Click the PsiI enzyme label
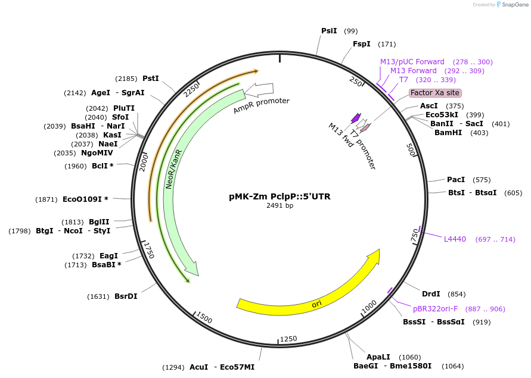pyautogui.click(x=329, y=30)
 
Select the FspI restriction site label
pyautogui.click(x=361, y=43)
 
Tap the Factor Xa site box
pyautogui.click(x=435, y=93)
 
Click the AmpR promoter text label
pyautogui.click(x=261, y=106)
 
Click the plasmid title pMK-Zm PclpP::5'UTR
pyautogui.click(x=280, y=196)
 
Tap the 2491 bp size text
pyautogui.click(x=280, y=205)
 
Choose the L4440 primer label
pyautogui.click(x=455, y=239)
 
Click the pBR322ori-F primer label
pyautogui.click(x=435, y=308)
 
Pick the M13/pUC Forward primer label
pyautogui.click(x=412, y=61)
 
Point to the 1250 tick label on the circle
pyautogui.click(x=288, y=339)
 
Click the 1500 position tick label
pyautogui.click(x=204, y=318)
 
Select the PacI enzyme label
pyautogui.click(x=456, y=179)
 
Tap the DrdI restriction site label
pyautogui.click(x=431, y=293)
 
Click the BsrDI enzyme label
pyautogui.click(x=126, y=296)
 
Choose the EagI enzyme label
pyautogui.click(x=109, y=255)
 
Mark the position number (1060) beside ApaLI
pyautogui.click(x=409, y=357)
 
